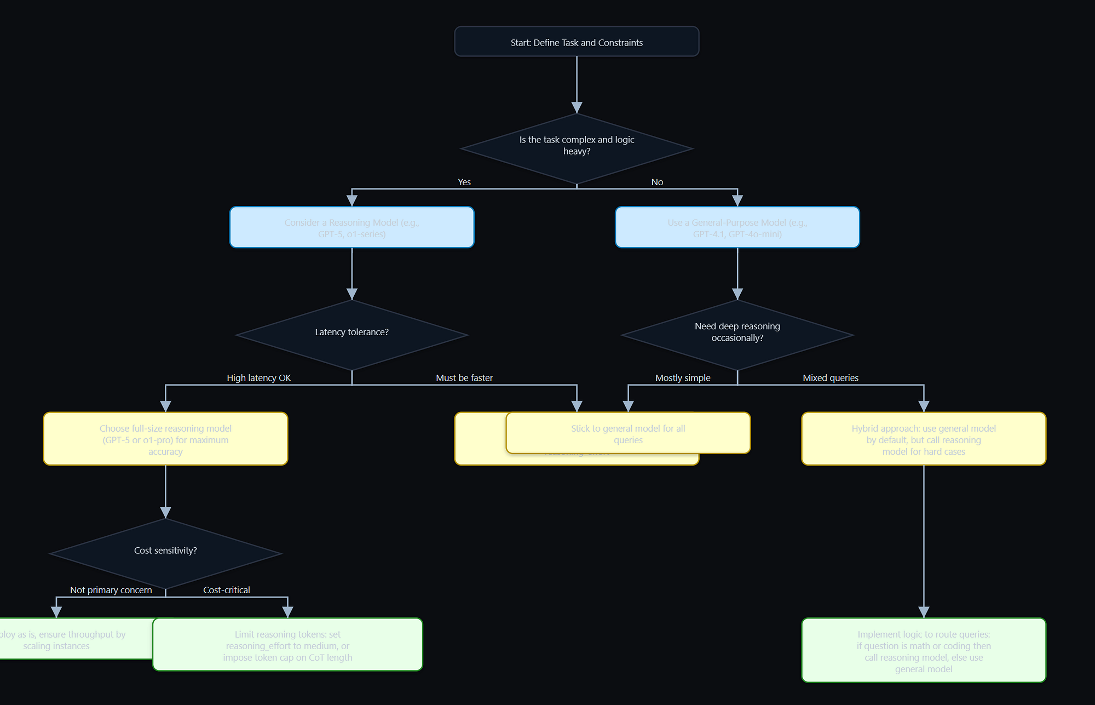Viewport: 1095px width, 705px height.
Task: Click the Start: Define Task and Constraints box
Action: pyautogui.click(x=577, y=42)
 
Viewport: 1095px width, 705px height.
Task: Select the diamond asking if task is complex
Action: pyautogui.click(x=577, y=148)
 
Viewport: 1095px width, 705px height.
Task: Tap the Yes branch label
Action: pyautogui.click(x=464, y=182)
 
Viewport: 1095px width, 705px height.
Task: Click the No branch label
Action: pyautogui.click(x=657, y=182)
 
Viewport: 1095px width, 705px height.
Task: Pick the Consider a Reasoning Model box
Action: pyautogui.click(x=351, y=228)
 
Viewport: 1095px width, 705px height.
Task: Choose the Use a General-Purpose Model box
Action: pyautogui.click(x=737, y=228)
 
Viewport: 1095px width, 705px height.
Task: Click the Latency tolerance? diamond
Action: pyautogui.click(x=351, y=334)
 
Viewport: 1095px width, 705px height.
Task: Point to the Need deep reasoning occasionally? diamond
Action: pyautogui.click(x=737, y=334)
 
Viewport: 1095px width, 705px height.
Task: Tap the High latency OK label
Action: pyautogui.click(x=259, y=378)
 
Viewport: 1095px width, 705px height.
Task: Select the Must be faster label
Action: pyautogui.click(x=464, y=378)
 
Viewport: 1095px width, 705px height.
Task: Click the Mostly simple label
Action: pyautogui.click(x=683, y=378)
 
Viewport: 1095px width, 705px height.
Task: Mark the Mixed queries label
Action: pyautogui.click(x=831, y=378)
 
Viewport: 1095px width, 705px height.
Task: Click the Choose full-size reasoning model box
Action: pyautogui.click(x=165, y=439)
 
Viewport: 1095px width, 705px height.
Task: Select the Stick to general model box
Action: pyautogui.click(x=628, y=434)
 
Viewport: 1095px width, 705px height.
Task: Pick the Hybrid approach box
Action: pyautogui.click(x=924, y=439)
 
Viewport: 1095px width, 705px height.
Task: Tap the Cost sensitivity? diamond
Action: pyautogui.click(x=165, y=552)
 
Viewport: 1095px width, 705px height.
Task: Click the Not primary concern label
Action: pyautogui.click(x=111, y=590)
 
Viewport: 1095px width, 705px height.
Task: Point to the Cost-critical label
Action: pyautogui.click(x=227, y=590)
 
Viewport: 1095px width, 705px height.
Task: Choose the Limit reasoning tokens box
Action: pyautogui.click(x=287, y=645)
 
